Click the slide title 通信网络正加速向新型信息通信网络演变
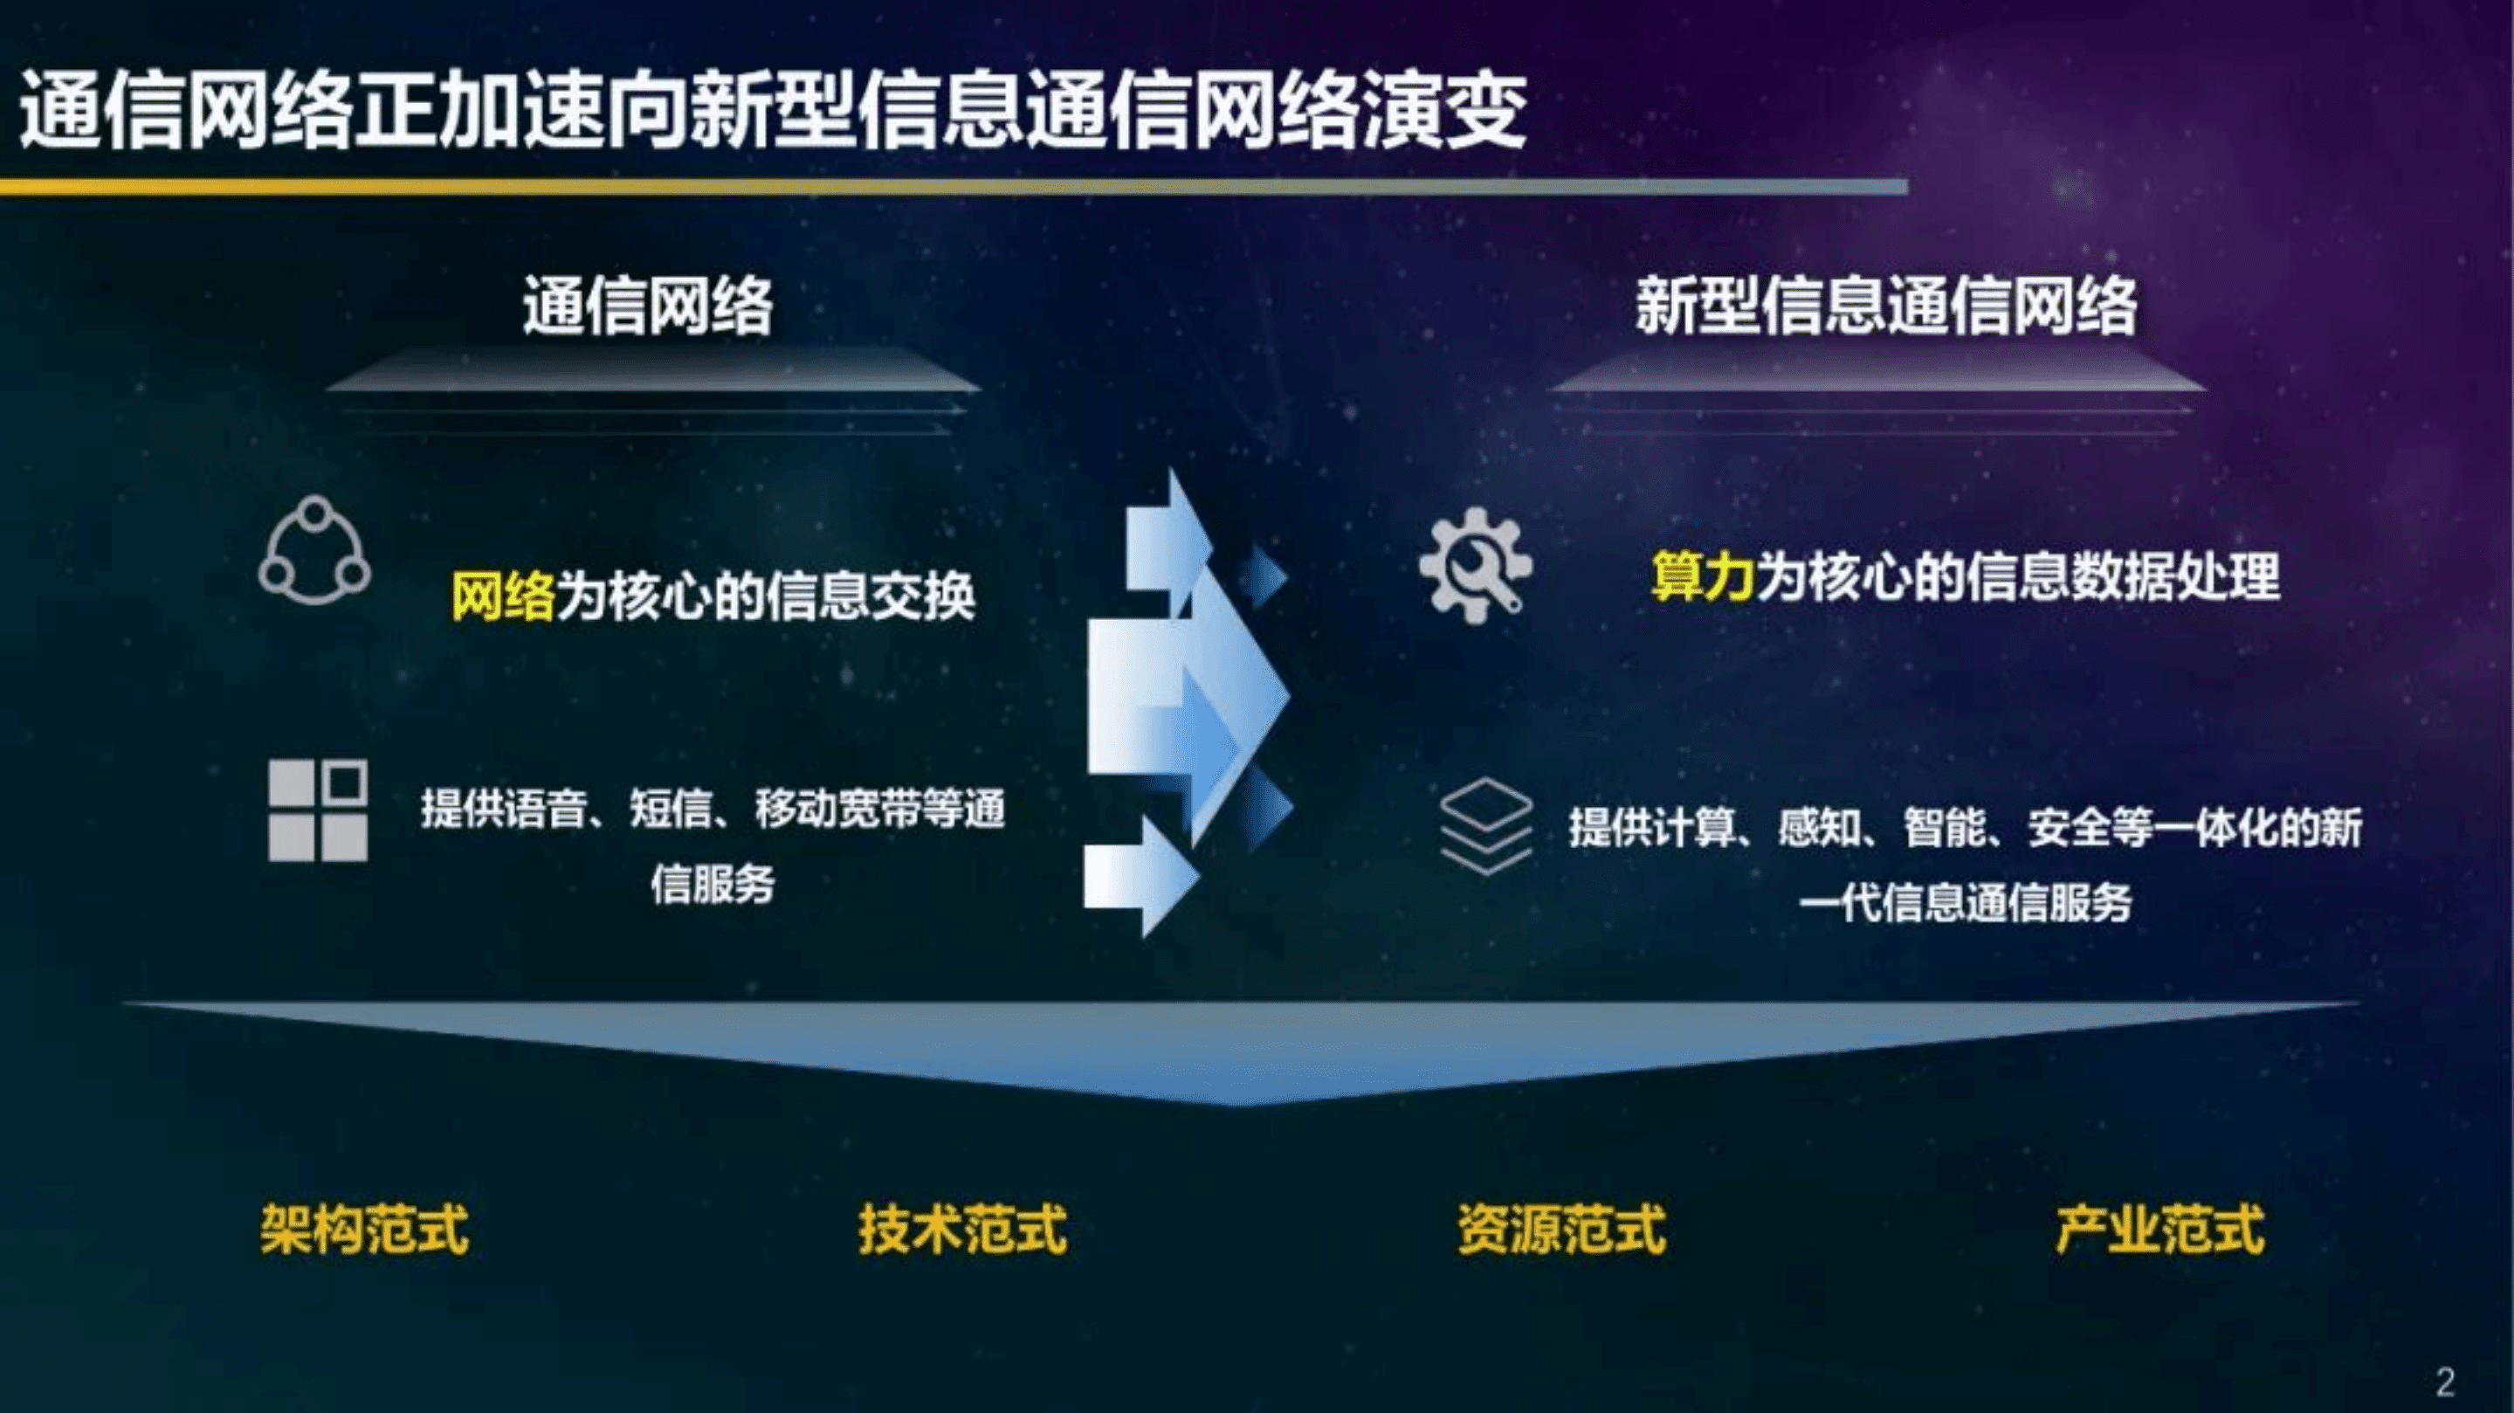coord(773,110)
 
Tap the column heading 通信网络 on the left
coord(648,306)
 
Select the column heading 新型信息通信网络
coord(1885,306)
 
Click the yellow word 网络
coord(503,596)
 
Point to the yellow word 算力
coord(1703,576)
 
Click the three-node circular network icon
coord(314,550)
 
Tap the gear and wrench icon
coord(1475,565)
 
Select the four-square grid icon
coord(318,810)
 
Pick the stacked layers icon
coord(1485,825)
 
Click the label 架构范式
coord(364,1229)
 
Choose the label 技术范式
coord(962,1229)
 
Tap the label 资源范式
coord(1561,1229)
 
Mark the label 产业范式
coord(2159,1229)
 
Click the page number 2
coord(2445,1381)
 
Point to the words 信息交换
coord(870,596)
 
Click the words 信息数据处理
coord(2123,576)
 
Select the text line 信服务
coord(713,884)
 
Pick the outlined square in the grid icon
coord(346,782)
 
